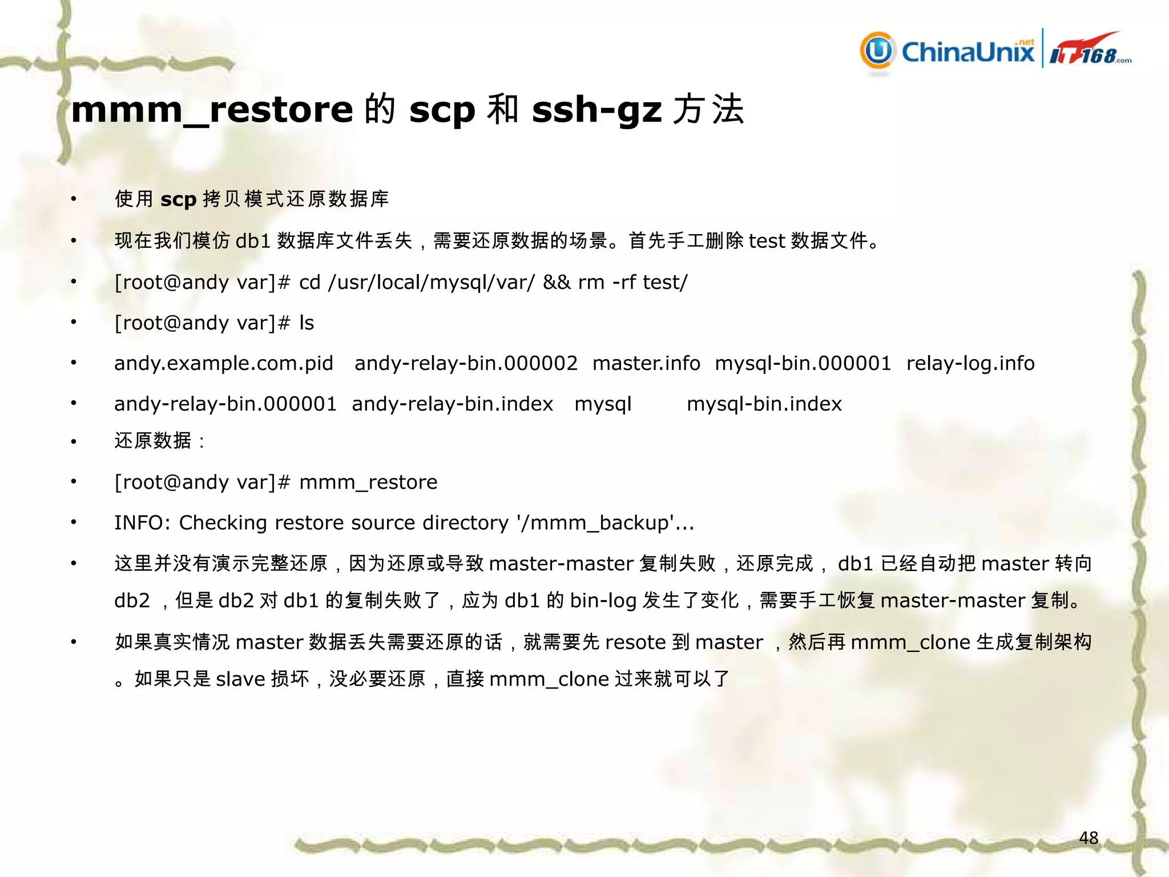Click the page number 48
tap(1089, 838)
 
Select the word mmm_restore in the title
tap(212, 109)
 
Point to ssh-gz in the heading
tap(596, 109)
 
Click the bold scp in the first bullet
tap(178, 199)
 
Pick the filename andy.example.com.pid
tap(224, 363)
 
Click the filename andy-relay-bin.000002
tap(466, 363)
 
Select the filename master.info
tap(646, 363)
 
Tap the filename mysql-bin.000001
tap(803, 363)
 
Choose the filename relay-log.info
tap(970, 363)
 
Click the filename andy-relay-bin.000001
tap(225, 404)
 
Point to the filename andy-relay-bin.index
tap(452, 404)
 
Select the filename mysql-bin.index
tap(764, 404)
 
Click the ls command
tap(307, 323)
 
